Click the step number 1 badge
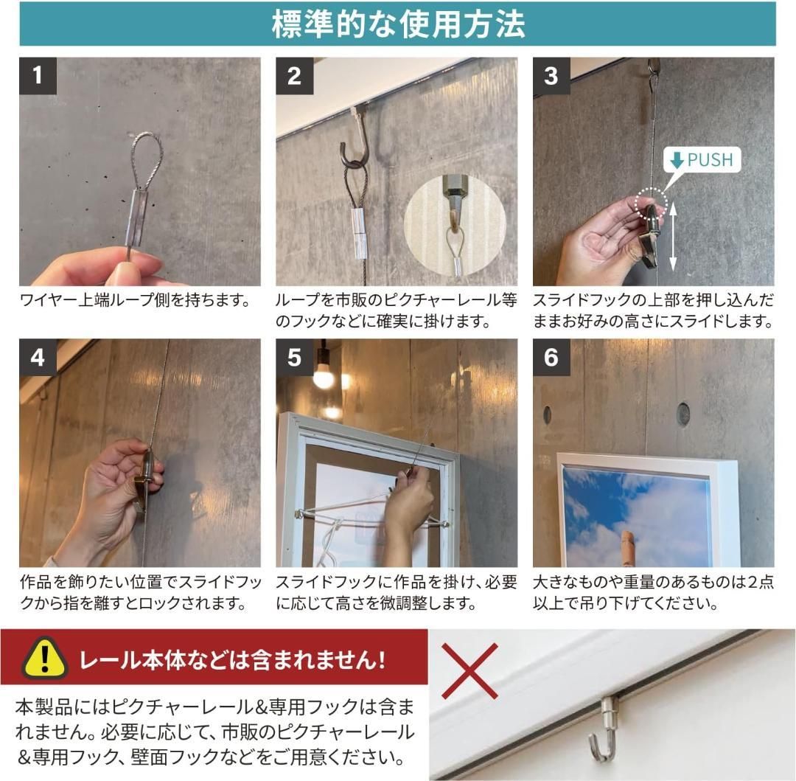[38, 76]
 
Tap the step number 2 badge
[294, 76]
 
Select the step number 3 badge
[551, 76]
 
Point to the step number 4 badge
[38, 358]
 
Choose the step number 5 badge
[294, 358]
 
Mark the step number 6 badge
[551, 358]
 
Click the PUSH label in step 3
[702, 160]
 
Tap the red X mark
[469, 671]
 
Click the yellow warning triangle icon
[45, 658]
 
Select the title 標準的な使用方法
[398, 24]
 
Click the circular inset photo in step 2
[454, 226]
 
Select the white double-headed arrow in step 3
[673, 235]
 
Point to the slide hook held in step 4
[145, 475]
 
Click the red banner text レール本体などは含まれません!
[231, 659]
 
